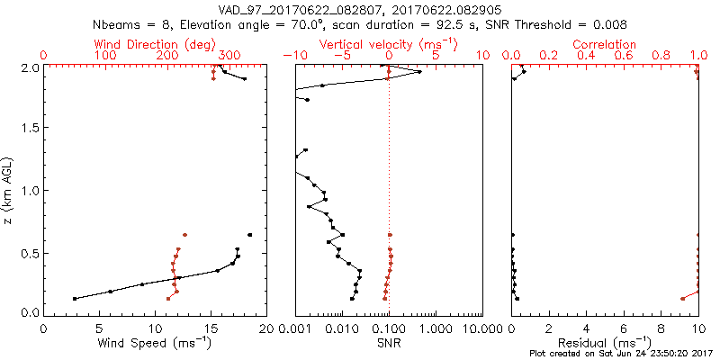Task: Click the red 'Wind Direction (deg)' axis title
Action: tap(155, 44)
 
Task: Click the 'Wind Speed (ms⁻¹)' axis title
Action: tap(156, 343)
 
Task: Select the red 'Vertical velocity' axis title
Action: tap(388, 44)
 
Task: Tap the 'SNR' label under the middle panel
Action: tap(389, 343)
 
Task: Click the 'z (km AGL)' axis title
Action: tap(9, 190)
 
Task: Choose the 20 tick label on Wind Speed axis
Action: tap(266, 329)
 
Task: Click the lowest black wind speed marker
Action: tap(75, 298)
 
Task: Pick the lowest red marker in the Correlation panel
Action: tap(683, 298)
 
